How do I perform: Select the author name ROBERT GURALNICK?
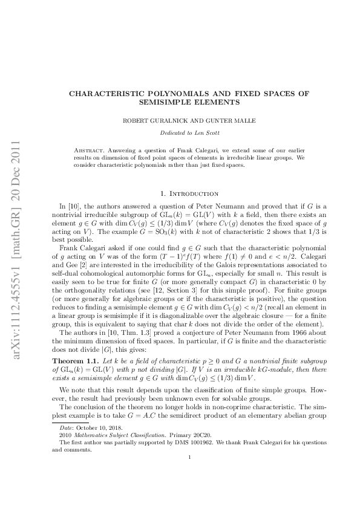[x=149, y=120]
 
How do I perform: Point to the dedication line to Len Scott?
[x=180, y=132]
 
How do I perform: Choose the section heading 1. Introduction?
[x=180, y=194]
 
